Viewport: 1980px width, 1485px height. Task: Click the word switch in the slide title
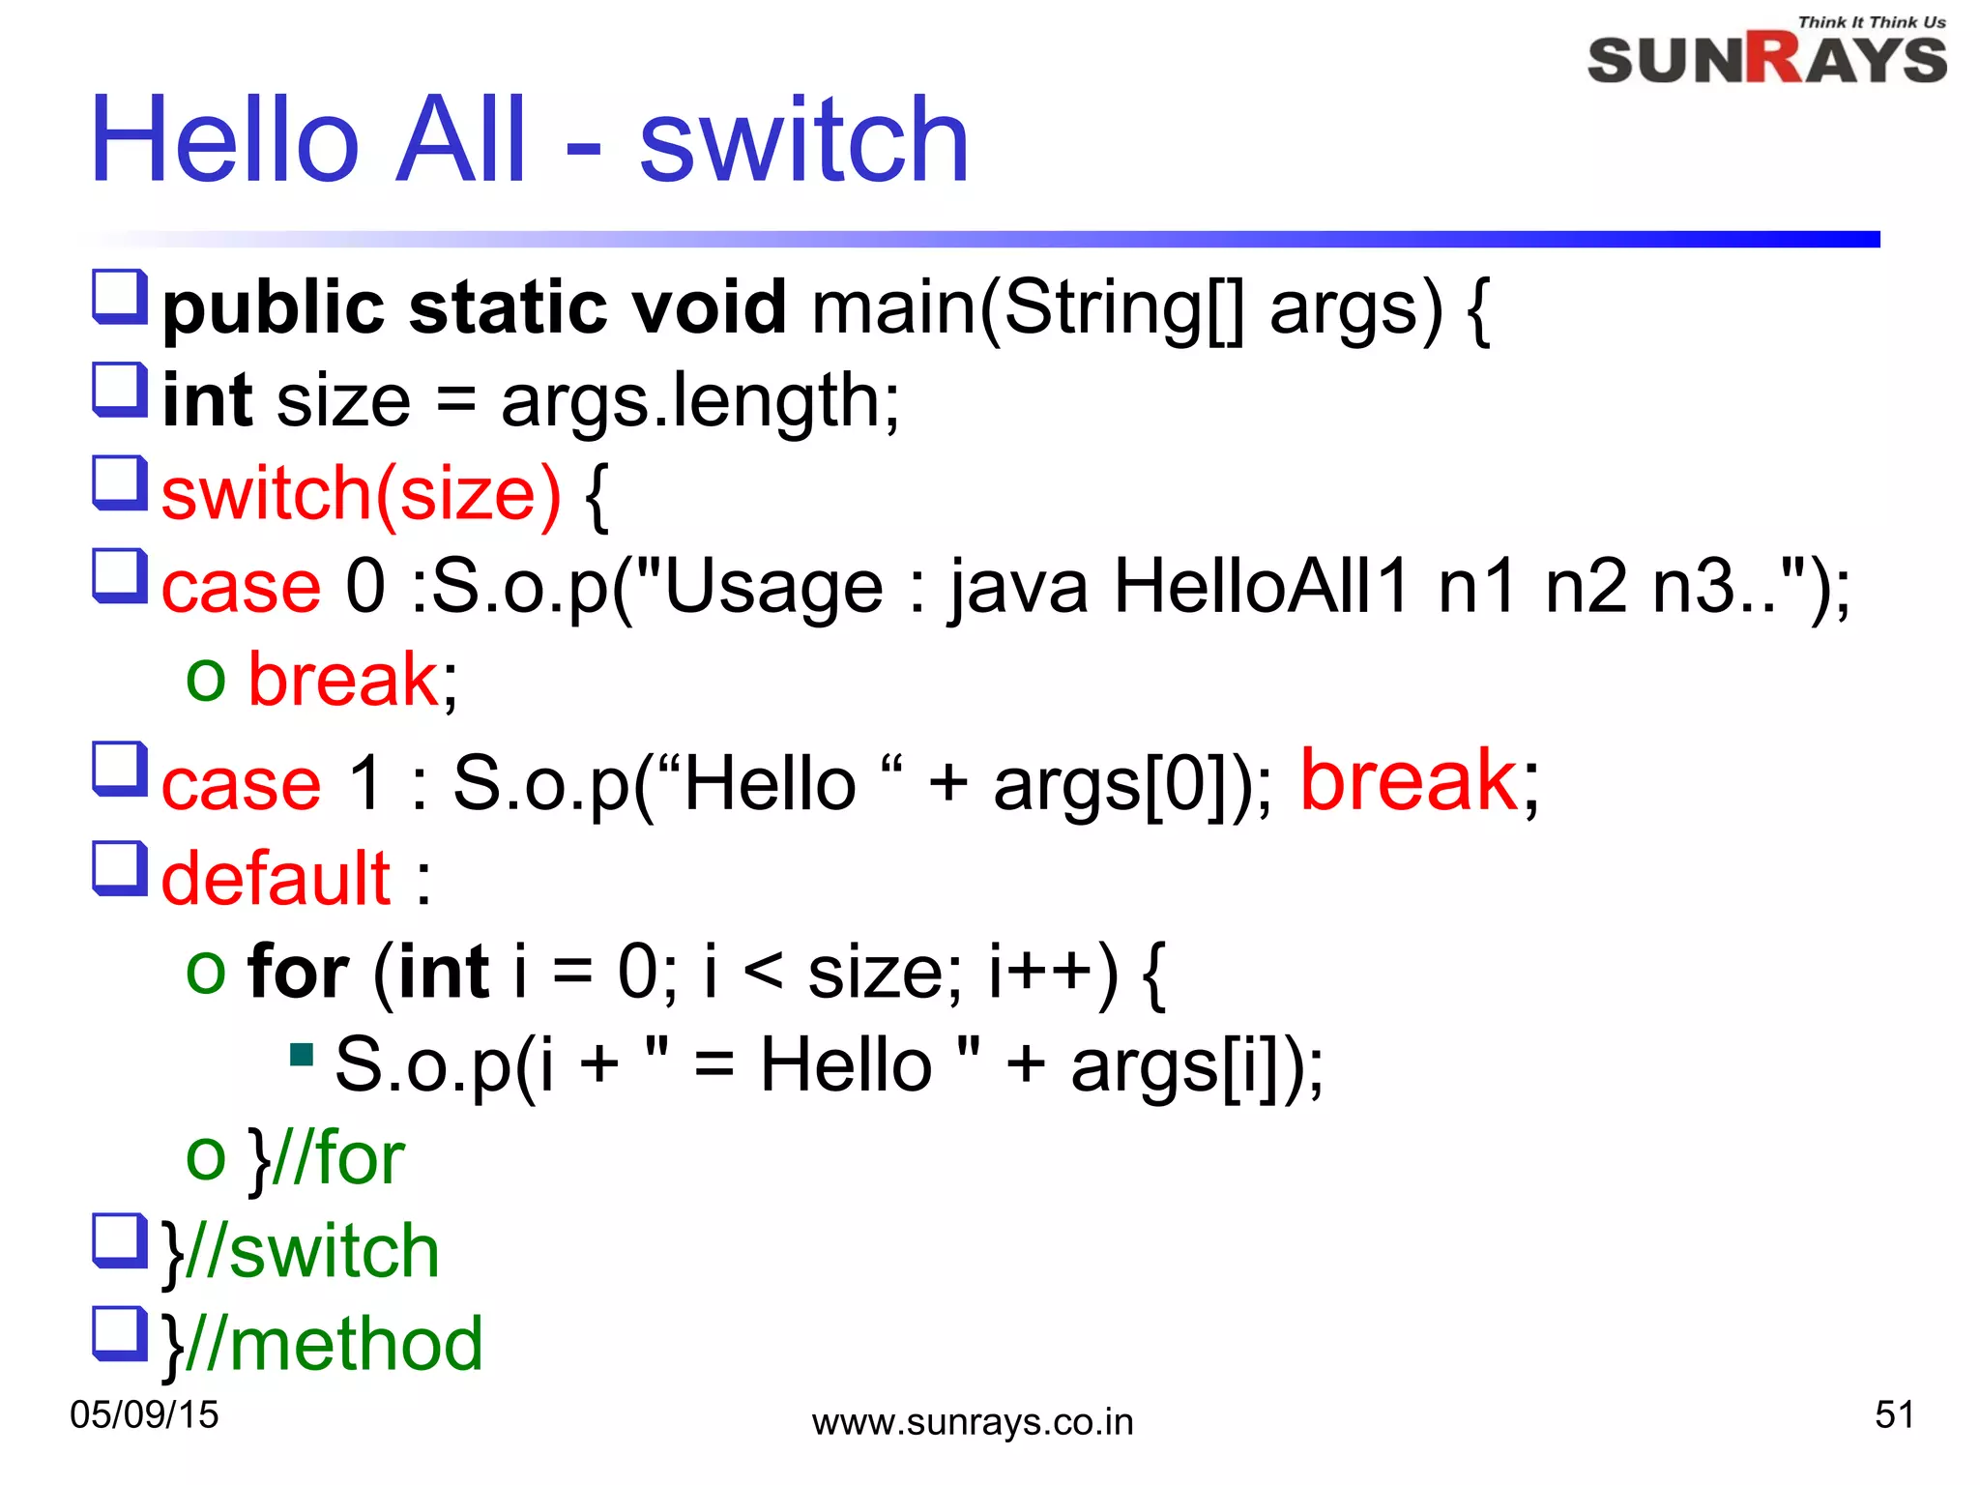803,142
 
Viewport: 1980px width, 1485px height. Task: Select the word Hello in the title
224,142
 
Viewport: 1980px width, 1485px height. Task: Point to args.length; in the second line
700,401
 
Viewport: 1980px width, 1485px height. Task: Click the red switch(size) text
361,494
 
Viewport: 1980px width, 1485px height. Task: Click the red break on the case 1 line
1409,781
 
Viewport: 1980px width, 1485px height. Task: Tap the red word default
276,878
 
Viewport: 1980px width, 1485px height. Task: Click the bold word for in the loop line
298,972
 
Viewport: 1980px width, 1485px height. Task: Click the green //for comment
338,1157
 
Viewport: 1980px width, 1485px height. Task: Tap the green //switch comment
312,1251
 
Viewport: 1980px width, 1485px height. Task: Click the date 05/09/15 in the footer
144,1414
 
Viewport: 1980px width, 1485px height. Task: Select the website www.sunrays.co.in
972,1422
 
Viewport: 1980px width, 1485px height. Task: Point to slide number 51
1894,1414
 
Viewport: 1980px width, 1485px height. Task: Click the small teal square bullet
302,1053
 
